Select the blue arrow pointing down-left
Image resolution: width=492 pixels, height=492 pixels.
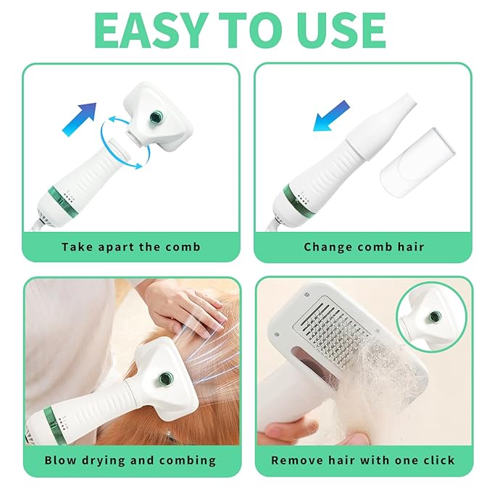331,116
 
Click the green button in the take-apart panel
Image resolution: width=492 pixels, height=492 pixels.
155,117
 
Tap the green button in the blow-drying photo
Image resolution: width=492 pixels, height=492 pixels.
164,378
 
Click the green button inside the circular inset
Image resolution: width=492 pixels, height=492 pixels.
435,316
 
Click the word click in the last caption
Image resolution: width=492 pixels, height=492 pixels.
438,460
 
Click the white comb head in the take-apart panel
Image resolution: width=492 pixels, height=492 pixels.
157,114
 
